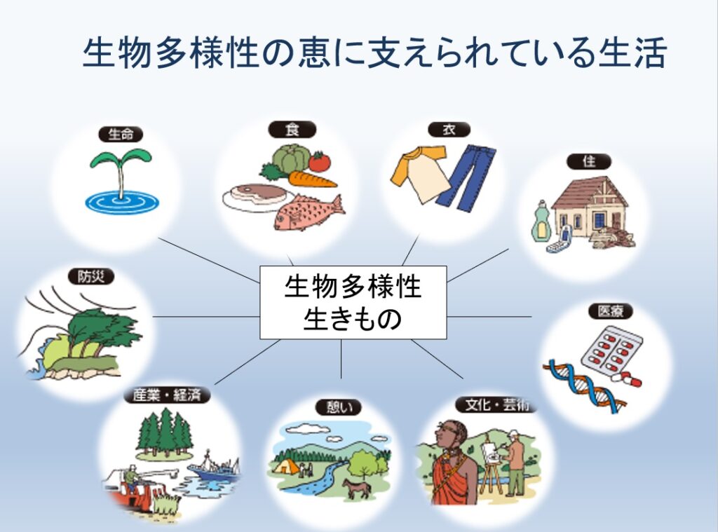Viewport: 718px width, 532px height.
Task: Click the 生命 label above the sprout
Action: (121, 134)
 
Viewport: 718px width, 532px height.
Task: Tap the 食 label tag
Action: (292, 130)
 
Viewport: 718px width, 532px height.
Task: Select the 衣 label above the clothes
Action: (449, 130)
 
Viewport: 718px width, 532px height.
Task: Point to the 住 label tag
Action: (589, 162)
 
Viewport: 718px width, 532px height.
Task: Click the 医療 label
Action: (611, 311)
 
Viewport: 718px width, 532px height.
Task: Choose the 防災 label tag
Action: (90, 277)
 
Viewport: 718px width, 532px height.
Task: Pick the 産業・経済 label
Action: (167, 395)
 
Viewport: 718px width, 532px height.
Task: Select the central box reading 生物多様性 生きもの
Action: (353, 302)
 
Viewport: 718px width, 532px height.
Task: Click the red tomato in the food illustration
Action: (319, 162)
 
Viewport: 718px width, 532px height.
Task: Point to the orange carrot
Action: (313, 179)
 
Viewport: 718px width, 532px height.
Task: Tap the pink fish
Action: (309, 212)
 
